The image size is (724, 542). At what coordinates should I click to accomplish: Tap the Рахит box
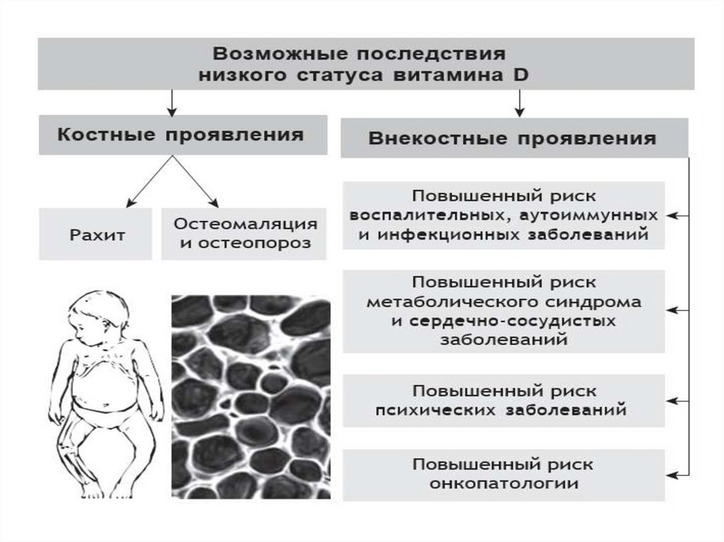click(95, 234)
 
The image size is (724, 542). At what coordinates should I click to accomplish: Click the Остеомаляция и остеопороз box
click(245, 234)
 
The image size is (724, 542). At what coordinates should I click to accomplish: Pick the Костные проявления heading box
click(182, 134)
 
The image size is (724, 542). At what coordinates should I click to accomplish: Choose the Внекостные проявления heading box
click(514, 138)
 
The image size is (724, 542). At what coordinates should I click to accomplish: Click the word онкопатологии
click(503, 484)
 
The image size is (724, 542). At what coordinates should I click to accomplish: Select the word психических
click(425, 409)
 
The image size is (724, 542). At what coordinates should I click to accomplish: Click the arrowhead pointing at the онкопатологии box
click(672, 475)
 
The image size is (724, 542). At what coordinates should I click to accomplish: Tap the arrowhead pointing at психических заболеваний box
click(672, 401)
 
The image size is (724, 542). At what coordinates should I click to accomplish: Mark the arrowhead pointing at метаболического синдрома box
click(672, 310)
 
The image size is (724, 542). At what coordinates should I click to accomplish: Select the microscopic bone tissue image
click(250, 396)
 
